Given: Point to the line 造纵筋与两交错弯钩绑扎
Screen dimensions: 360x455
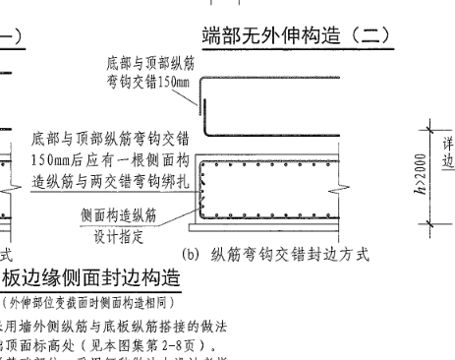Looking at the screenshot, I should point(109,177).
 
